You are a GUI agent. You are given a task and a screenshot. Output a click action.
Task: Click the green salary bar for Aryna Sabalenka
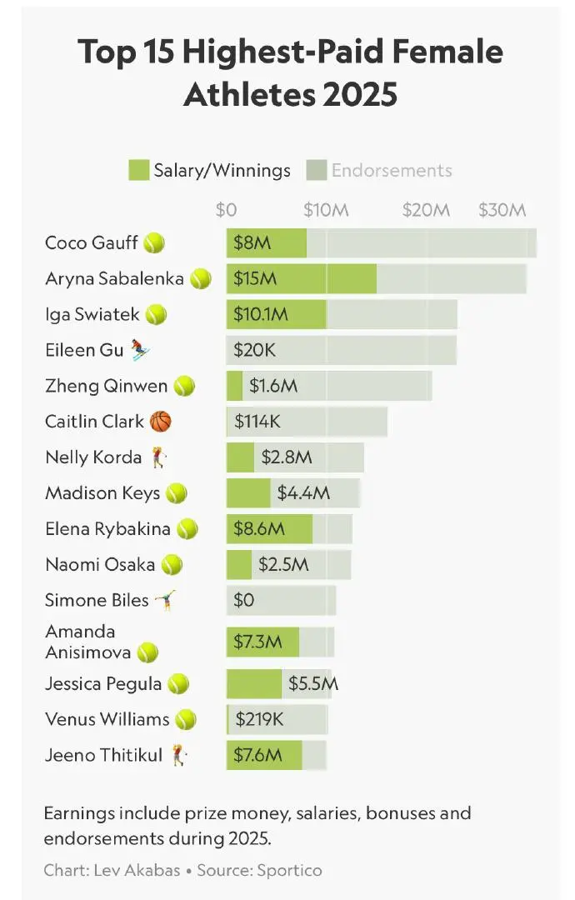[333, 278]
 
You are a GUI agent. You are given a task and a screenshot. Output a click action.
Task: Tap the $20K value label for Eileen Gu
[255, 350]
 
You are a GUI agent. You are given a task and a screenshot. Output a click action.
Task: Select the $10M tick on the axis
[326, 210]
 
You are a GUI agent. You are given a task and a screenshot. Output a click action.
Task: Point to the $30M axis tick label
[502, 210]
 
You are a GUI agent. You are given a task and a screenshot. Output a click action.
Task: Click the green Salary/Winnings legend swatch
[138, 170]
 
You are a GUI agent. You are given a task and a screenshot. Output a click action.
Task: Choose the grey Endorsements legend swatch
[317, 170]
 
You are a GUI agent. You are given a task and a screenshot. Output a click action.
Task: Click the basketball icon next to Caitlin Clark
[161, 422]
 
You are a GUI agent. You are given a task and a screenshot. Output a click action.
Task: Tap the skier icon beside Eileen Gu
[140, 350]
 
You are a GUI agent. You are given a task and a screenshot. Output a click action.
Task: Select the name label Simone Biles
[97, 600]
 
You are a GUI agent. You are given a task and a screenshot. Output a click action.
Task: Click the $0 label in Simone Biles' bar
[244, 600]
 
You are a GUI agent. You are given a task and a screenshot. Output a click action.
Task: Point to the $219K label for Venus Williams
[259, 719]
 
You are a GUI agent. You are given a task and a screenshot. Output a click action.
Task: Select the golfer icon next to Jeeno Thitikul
[179, 756]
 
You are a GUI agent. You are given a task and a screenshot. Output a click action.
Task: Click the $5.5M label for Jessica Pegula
[312, 684]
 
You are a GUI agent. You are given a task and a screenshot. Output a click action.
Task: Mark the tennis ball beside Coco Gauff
[154, 243]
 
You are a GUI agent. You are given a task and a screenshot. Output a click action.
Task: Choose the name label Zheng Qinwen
[107, 386]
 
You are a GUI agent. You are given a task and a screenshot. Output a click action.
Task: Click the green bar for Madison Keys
[248, 493]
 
